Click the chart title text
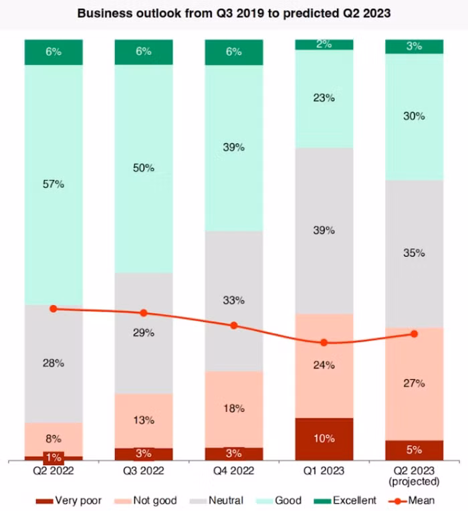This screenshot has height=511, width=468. pos(234,13)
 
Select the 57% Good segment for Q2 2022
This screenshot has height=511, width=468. pos(53,184)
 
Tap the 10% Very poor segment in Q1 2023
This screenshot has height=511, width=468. pos(324,439)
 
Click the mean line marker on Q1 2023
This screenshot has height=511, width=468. pos(324,342)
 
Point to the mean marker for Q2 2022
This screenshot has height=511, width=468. pos(53,308)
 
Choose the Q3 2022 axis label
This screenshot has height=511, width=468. pos(144,471)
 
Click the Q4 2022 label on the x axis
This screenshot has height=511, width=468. pos(234,471)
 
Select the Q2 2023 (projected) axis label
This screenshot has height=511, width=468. pos(414,476)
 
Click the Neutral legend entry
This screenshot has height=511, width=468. pos(217,500)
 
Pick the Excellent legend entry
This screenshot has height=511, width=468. pos(348,500)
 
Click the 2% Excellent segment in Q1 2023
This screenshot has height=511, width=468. pos(324,45)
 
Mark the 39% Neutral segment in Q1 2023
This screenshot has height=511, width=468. pos(324,230)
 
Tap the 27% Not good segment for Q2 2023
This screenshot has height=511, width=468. pos(414,383)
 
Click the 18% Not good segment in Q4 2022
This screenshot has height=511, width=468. pos(234,409)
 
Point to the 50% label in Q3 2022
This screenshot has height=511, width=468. pos(144,168)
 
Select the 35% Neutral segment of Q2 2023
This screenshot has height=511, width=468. pos(414,253)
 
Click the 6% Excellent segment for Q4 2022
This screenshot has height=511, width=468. pos(234,52)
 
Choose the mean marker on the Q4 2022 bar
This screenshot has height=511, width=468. pos(234,325)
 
